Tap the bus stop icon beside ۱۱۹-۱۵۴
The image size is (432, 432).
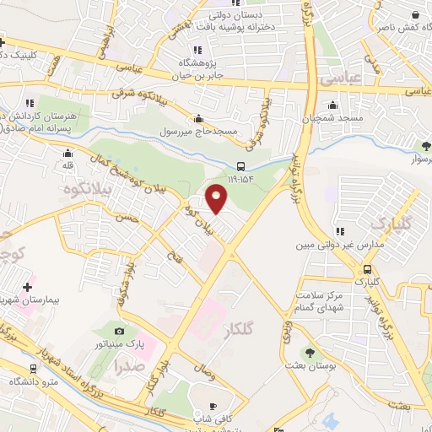[x=241, y=165]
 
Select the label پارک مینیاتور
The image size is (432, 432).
[x=124, y=344]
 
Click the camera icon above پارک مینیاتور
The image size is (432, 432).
[x=119, y=331]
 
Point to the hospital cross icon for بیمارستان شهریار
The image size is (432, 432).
[x=29, y=288]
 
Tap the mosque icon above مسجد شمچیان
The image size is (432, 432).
[x=334, y=106]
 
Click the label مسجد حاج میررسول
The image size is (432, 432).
[x=199, y=132]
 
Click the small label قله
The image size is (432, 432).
[x=69, y=166]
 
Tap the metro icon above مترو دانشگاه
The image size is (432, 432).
[x=33, y=369]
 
